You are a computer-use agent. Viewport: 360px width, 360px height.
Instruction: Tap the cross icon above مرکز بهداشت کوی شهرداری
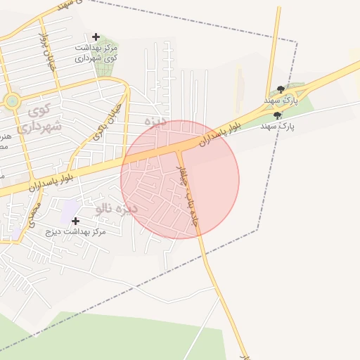[x=96, y=37]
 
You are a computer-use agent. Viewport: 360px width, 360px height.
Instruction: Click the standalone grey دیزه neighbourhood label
[x=155, y=121]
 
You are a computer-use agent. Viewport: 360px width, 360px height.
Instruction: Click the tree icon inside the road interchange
[x=281, y=89]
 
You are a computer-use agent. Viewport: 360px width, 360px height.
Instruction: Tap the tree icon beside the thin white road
[x=278, y=115]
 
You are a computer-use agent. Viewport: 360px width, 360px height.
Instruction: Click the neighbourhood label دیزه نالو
[x=117, y=209]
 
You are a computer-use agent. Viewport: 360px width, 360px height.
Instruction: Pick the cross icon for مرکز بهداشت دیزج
[x=75, y=221]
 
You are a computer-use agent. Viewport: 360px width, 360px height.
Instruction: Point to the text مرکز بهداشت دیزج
[x=75, y=231]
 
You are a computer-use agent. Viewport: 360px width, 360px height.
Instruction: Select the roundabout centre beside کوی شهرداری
[x=12, y=102]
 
